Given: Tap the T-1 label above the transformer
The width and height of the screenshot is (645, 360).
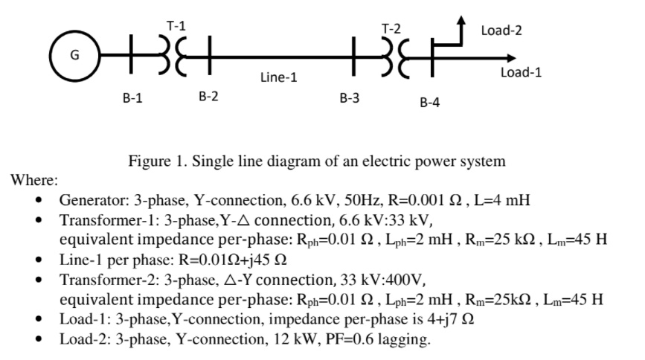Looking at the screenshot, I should [176, 25].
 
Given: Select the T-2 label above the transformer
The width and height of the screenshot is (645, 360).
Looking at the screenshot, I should [391, 29].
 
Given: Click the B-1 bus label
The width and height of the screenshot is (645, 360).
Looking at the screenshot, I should [132, 97].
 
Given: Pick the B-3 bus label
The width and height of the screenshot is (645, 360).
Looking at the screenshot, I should [350, 97].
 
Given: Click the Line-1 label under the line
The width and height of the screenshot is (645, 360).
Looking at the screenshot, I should [279, 77].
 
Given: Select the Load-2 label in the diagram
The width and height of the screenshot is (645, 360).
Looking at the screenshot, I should [501, 30].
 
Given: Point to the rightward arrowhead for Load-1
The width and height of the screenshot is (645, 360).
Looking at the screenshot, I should [508, 57].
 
